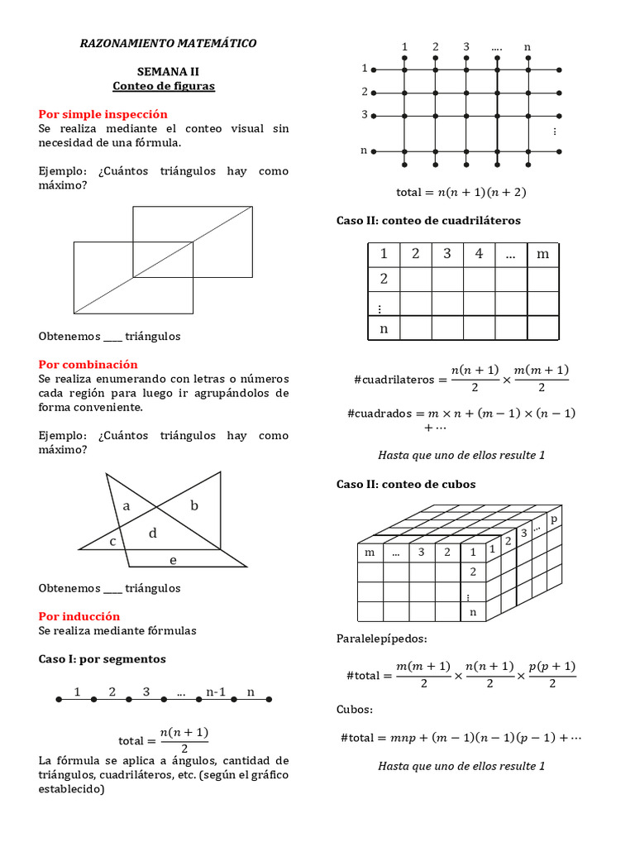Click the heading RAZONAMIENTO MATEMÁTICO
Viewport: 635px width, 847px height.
(x=168, y=43)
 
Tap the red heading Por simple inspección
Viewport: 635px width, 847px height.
(x=103, y=114)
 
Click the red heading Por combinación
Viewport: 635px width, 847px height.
(x=88, y=365)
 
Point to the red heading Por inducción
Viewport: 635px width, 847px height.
(x=79, y=616)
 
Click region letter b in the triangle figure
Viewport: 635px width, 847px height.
(x=194, y=505)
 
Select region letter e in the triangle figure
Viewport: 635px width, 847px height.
(x=173, y=560)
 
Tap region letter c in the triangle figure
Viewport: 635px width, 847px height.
(x=112, y=541)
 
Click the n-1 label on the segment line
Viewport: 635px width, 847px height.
(x=217, y=691)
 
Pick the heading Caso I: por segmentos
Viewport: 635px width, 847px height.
(x=103, y=659)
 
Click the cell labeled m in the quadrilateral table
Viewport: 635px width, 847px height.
(x=542, y=254)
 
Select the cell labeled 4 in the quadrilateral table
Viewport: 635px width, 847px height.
(x=479, y=254)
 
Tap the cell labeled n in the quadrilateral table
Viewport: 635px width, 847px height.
(x=384, y=328)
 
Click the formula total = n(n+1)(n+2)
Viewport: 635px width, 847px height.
(x=461, y=192)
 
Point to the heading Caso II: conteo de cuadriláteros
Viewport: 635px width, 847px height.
(x=428, y=221)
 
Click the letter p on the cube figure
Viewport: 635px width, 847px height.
(x=554, y=519)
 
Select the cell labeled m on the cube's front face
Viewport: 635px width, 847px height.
(x=370, y=552)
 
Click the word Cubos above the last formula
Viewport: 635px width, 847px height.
(x=355, y=710)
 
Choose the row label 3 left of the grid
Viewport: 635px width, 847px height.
(x=364, y=115)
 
